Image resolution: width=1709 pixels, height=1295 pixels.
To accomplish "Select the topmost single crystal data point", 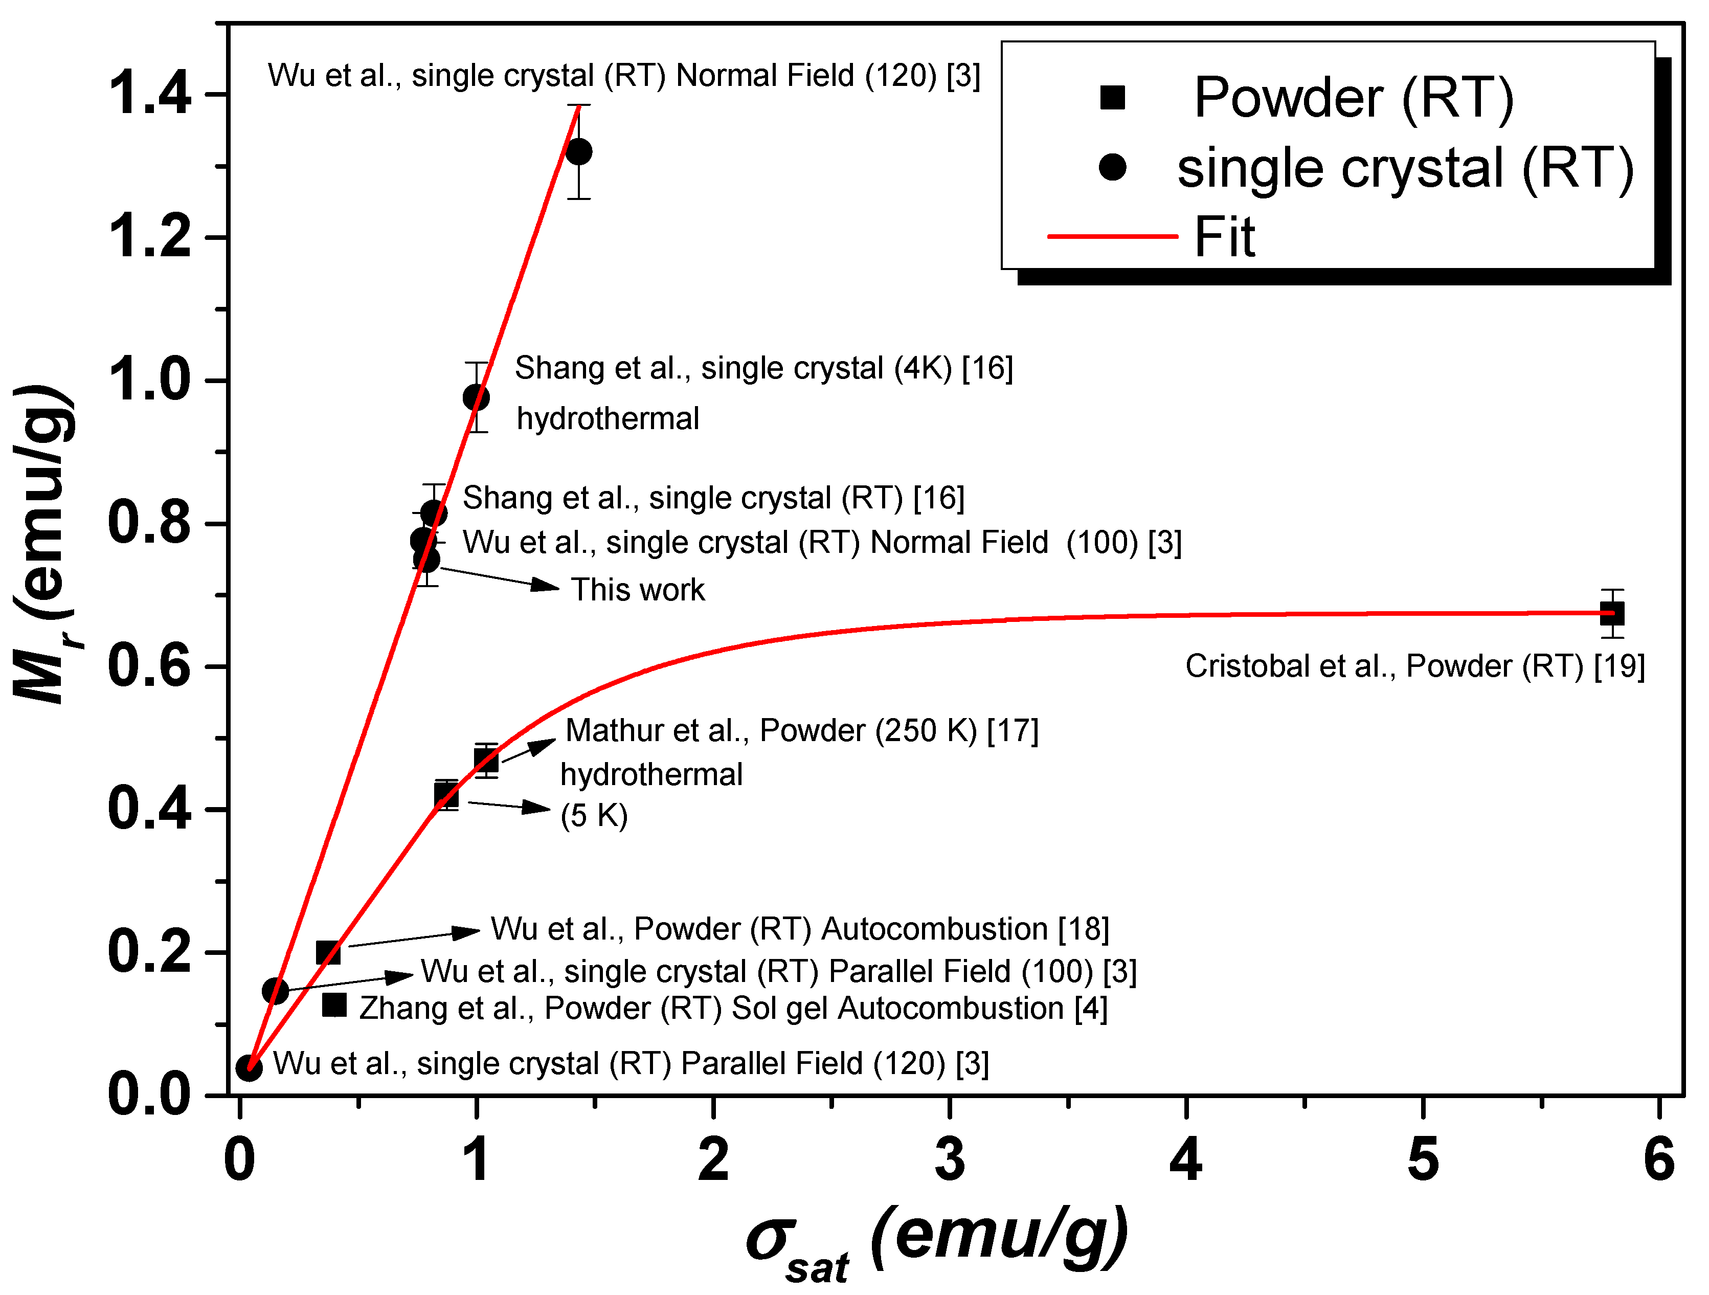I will click(x=579, y=151).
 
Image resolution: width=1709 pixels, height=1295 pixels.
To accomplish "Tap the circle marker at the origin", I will click(x=249, y=1068).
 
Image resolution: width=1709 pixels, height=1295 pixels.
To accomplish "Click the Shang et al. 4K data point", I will click(x=476, y=398).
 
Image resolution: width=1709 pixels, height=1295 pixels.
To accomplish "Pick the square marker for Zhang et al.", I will click(x=334, y=1005).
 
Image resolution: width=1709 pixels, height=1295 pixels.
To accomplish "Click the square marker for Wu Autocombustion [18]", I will click(x=328, y=953).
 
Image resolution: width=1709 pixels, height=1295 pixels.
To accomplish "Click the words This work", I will click(x=637, y=590).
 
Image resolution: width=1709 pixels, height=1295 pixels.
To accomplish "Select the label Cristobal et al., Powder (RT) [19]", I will click(x=1414, y=666).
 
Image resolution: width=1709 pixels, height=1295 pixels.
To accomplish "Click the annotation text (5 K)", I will click(x=593, y=816).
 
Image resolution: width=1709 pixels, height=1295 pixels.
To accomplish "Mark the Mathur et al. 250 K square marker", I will click(x=485, y=761).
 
